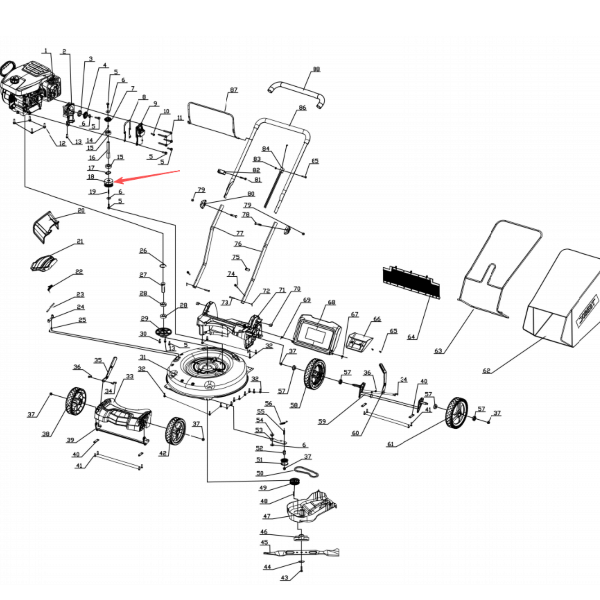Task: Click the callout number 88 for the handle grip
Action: (316, 69)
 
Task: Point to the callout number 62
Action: (486, 370)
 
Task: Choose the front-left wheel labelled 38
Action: (76, 402)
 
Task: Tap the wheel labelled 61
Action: (457, 413)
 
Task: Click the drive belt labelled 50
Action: (307, 472)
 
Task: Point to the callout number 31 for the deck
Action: (142, 357)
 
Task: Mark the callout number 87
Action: (234, 90)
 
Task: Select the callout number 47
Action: (267, 516)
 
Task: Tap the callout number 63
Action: (438, 351)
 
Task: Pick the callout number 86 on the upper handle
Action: (302, 108)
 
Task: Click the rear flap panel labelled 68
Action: (317, 333)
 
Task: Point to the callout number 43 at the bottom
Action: (285, 577)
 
